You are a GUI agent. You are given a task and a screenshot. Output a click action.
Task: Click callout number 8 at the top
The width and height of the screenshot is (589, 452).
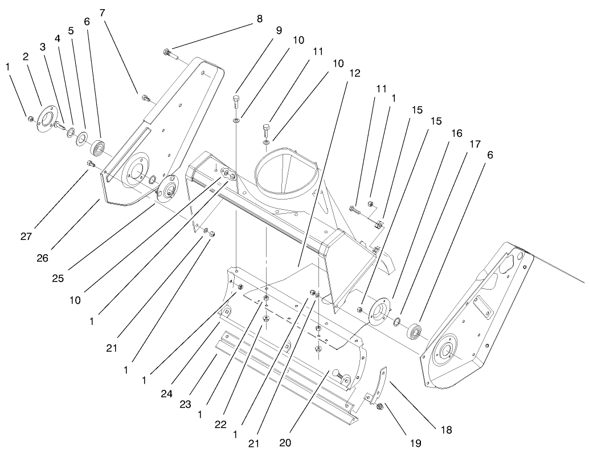click(x=259, y=18)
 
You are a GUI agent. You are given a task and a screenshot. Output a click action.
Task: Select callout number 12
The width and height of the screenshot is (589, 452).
click(x=355, y=73)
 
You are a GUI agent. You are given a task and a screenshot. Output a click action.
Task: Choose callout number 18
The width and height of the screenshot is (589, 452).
click(x=445, y=430)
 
